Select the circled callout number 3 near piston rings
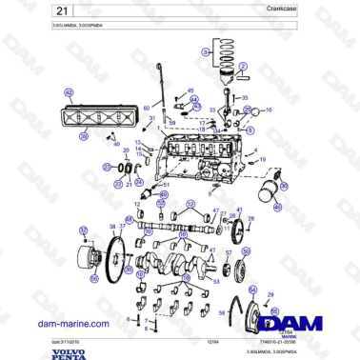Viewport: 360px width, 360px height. pyautogui.click(x=206, y=53)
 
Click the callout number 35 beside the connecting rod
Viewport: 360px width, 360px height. pyautogui.click(x=245, y=98)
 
